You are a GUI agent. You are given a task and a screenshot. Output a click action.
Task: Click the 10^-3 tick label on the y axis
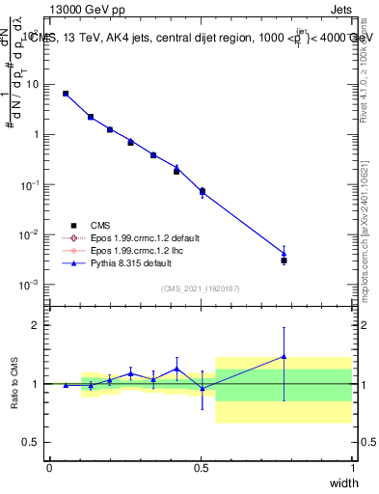[30, 285]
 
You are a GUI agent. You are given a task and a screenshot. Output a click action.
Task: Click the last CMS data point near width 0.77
[284, 261]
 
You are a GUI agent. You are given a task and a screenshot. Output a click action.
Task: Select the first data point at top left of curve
[66, 94]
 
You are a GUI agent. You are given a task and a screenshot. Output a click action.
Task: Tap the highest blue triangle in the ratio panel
[284, 356]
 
